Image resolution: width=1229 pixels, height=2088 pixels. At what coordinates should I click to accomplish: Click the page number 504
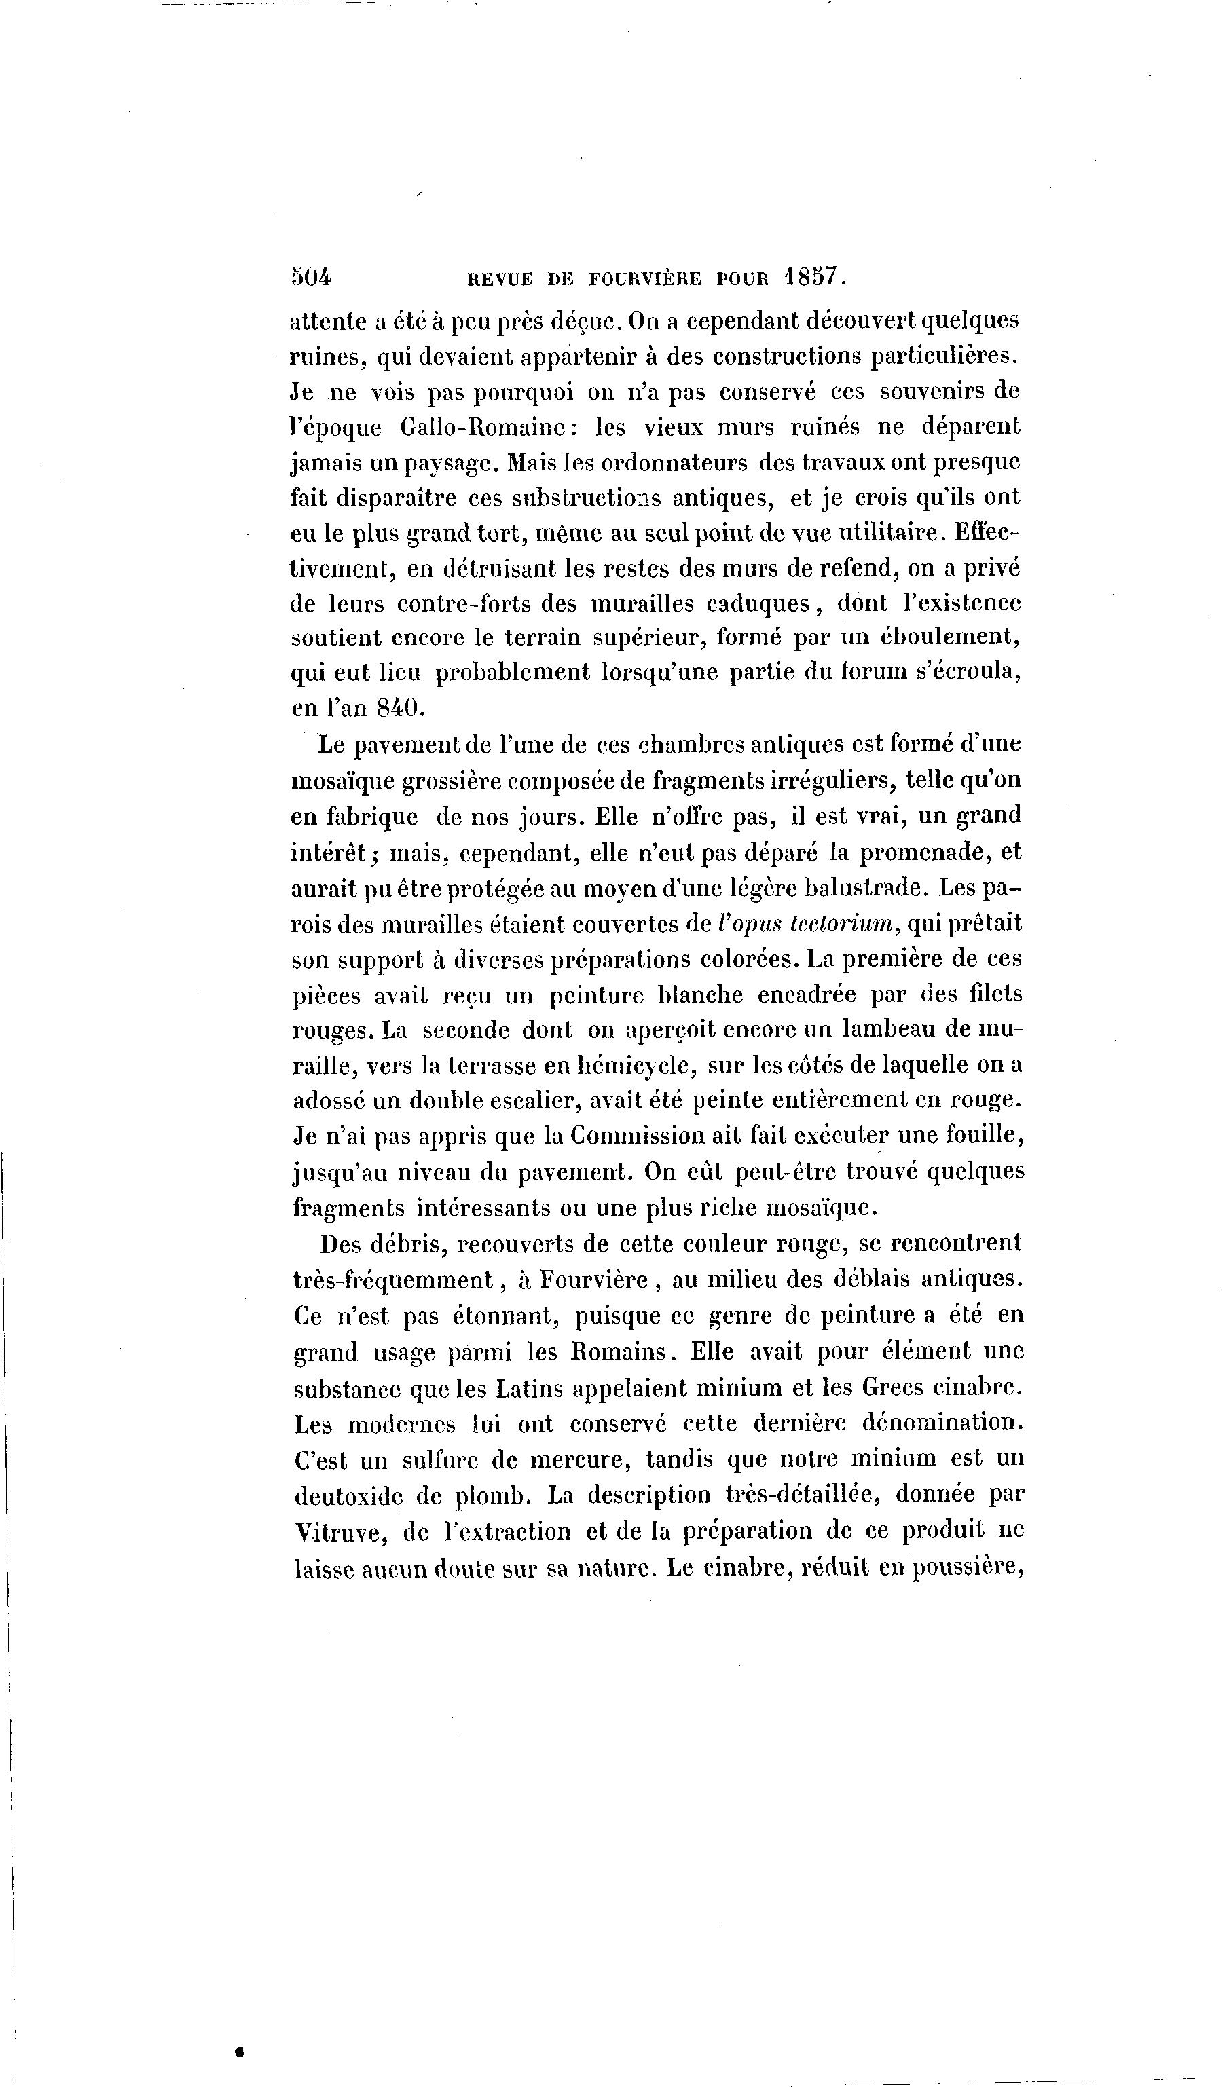[x=311, y=278]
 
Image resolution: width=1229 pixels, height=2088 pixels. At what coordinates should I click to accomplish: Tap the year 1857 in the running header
[x=813, y=277]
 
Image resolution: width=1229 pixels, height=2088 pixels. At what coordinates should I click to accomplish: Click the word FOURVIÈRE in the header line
[x=645, y=279]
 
